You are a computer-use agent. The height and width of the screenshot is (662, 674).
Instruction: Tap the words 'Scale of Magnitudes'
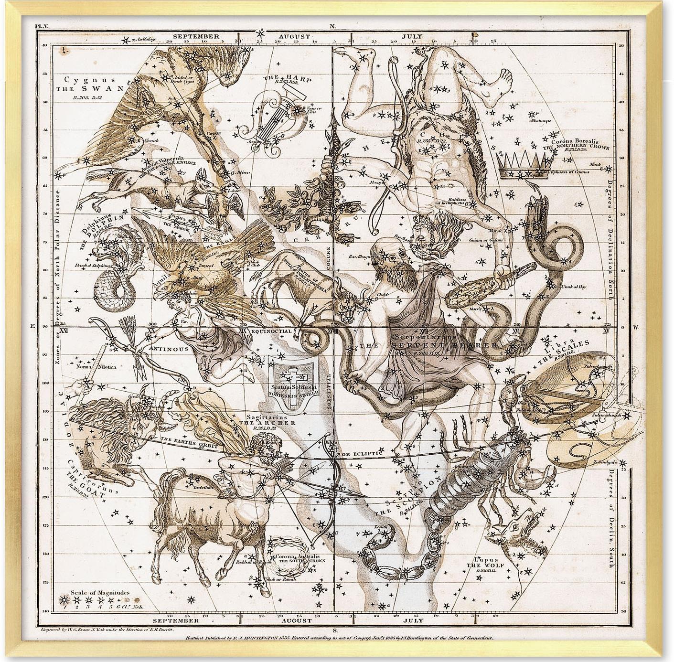click(100, 593)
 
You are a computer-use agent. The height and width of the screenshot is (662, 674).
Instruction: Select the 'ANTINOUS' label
click(162, 349)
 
